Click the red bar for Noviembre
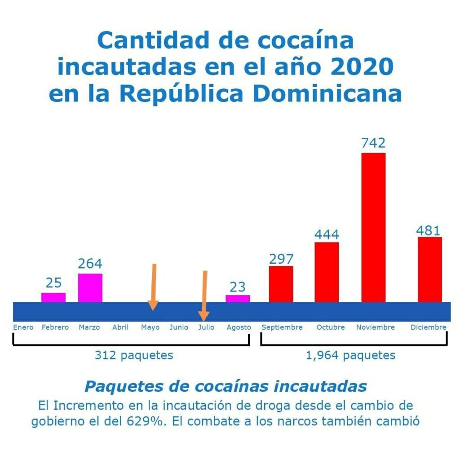pos(373,227)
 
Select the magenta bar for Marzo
pos(90,287)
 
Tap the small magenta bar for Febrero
pos(53,297)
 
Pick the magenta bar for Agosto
pos(238,299)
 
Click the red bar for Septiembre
pos(281,284)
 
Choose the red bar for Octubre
pos(327,272)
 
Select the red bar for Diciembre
pos(429,269)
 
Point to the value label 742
pos(373,143)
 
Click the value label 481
pos(428,230)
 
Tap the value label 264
pos(90,264)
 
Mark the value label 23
pos(238,287)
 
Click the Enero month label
pos(23,327)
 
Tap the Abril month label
pos(120,327)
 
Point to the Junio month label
pos(179,327)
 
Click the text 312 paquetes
pos(134,355)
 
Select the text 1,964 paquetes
pos(350,356)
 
